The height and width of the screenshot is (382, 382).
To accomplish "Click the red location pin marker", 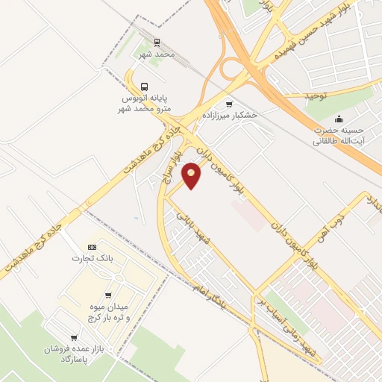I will click(192, 175).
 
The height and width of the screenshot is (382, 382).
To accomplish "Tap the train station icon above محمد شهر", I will click(157, 43).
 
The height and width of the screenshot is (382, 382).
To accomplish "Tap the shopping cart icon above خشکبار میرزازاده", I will click(229, 104).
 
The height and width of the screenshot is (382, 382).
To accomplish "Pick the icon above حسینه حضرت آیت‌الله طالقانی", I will click(339, 118).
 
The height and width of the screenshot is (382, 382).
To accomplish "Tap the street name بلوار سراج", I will click(168, 170).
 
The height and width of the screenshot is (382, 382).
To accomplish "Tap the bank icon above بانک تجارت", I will click(93, 247).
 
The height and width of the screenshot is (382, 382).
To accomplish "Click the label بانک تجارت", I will click(86, 259).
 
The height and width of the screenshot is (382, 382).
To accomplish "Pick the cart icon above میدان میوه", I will click(110, 295).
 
